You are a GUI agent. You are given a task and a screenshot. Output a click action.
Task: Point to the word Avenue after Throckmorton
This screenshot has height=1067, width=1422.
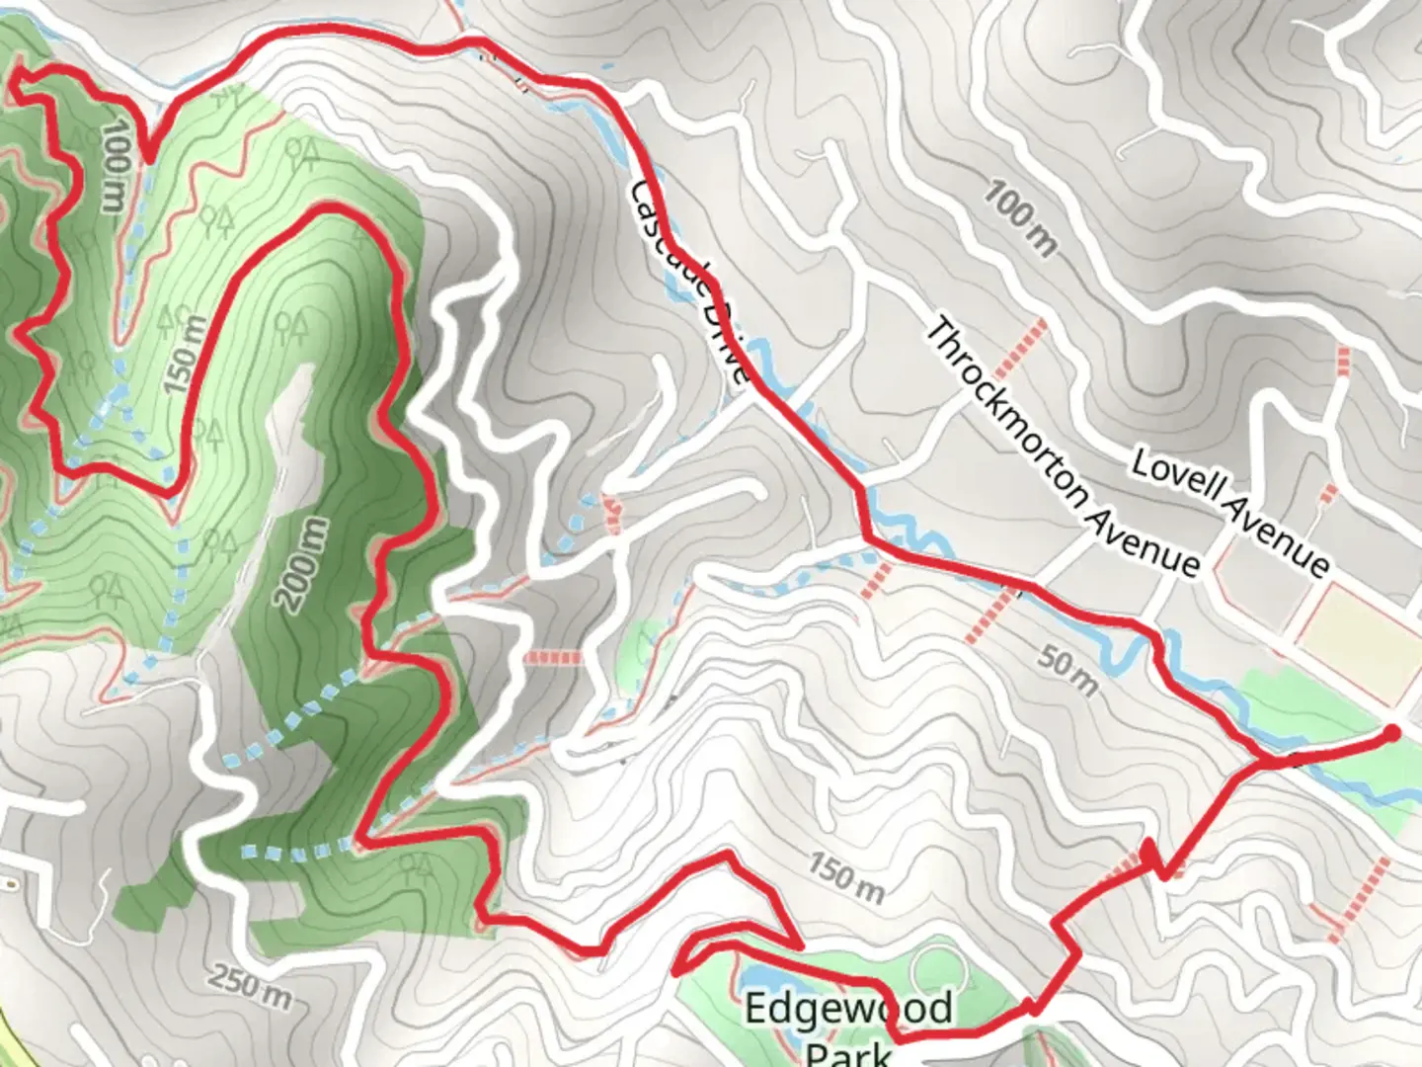pyautogui.click(x=1150, y=539)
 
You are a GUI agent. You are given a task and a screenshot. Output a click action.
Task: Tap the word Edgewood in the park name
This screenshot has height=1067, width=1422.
pyautogui.click(x=848, y=1009)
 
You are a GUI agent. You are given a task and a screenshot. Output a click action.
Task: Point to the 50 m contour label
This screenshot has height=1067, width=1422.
pyautogui.click(x=1066, y=672)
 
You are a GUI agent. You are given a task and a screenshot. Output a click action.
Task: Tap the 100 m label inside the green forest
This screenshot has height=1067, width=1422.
pyautogui.click(x=115, y=165)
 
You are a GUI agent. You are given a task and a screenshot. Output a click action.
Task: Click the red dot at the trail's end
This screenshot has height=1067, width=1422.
pyautogui.click(x=1390, y=733)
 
